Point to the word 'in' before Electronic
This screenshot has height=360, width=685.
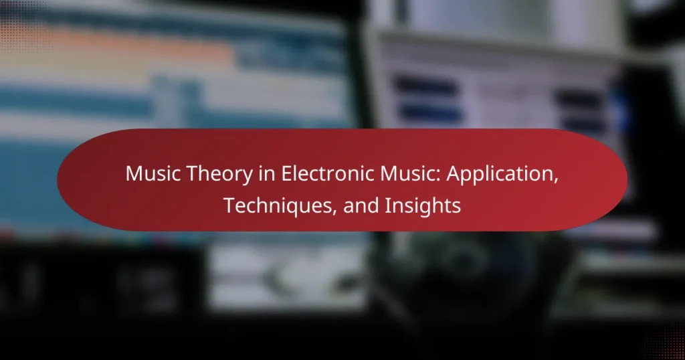(x=266, y=174)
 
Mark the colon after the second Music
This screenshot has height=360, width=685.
(x=438, y=176)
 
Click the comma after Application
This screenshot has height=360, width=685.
(x=555, y=181)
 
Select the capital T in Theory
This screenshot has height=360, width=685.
(x=192, y=174)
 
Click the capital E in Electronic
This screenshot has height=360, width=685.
(x=286, y=174)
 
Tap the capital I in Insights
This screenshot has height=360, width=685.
(x=387, y=206)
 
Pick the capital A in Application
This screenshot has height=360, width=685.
(x=454, y=174)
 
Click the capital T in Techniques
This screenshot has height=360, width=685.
(x=230, y=206)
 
